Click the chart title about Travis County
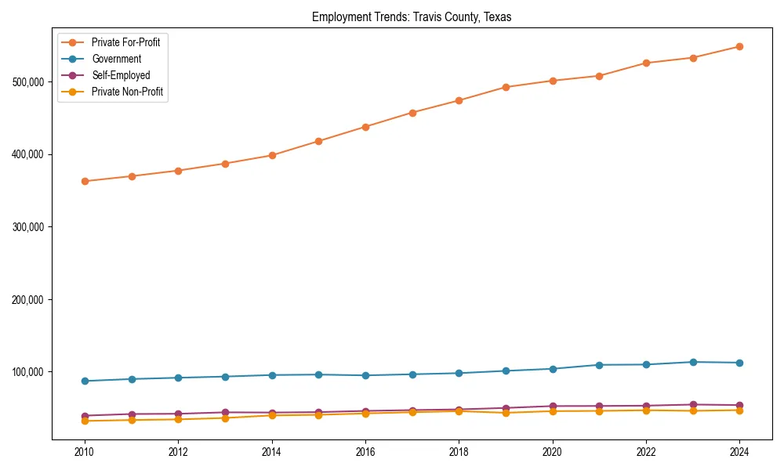pos(412,17)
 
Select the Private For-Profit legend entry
pos(125,42)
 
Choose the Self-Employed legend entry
pos(120,75)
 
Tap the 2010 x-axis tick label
pos(85,452)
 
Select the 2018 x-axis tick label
pos(459,452)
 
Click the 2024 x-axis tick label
pos(739,452)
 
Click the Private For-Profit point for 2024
pos(739,46)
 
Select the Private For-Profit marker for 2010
pos(85,181)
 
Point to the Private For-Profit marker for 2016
pos(365,127)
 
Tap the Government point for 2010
pos(85,381)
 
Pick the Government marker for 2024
pos(739,363)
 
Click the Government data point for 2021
pos(599,365)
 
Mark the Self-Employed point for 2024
pos(739,405)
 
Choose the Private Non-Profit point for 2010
pos(85,421)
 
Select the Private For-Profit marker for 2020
pos(553,81)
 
